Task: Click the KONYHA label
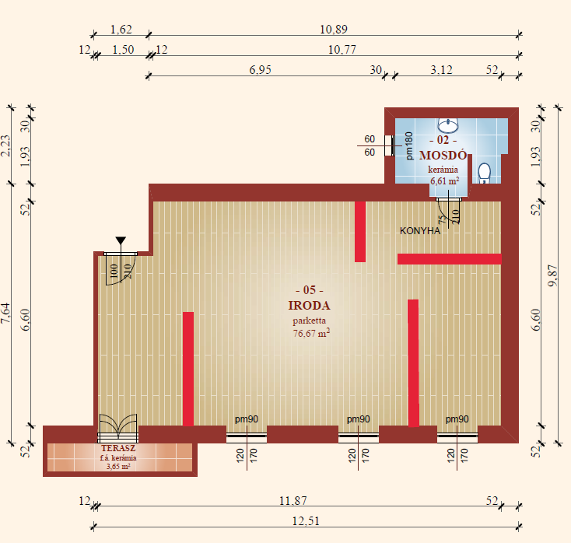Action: pyautogui.click(x=420, y=231)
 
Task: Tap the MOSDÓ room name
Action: pyautogui.click(x=443, y=156)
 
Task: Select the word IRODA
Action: pyautogui.click(x=309, y=306)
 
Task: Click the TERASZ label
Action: pyautogui.click(x=118, y=448)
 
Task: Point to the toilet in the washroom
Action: pyautogui.click(x=485, y=173)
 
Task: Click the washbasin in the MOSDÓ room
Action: pyautogui.click(x=448, y=125)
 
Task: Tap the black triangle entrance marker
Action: pyautogui.click(x=121, y=240)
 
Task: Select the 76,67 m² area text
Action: pyautogui.click(x=311, y=333)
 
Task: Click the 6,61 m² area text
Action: pyautogui.click(x=445, y=180)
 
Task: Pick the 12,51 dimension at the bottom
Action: pyautogui.click(x=306, y=521)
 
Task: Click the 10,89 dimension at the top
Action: pyautogui.click(x=334, y=29)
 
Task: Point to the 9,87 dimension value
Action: pyautogui.click(x=553, y=275)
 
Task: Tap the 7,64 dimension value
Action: pyautogui.click(x=6, y=314)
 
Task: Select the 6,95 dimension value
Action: pyautogui.click(x=260, y=69)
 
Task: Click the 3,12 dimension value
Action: pyautogui.click(x=441, y=69)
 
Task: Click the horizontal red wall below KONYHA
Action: pyautogui.click(x=450, y=259)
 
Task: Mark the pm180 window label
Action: pyautogui.click(x=409, y=146)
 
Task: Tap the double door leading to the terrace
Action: pyautogui.click(x=118, y=428)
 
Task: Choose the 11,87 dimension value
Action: pyautogui.click(x=293, y=501)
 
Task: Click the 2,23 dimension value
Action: pyautogui.click(x=6, y=145)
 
